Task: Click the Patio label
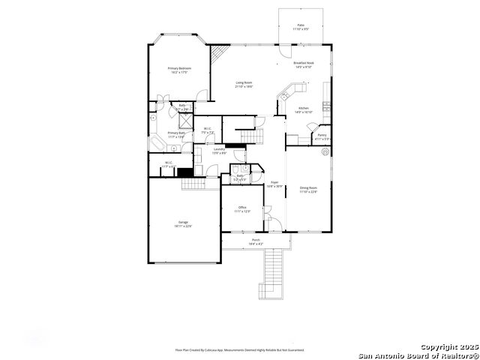tap(301, 26)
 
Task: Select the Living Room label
tap(244, 84)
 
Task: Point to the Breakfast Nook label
tap(304, 64)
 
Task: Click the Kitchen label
tap(304, 109)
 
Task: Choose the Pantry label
tap(321, 136)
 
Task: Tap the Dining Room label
tap(309, 189)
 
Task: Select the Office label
tap(242, 209)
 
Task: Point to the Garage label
tap(183, 224)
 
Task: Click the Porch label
tap(256, 242)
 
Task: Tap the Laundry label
tap(219, 151)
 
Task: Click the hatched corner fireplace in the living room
tap(218, 54)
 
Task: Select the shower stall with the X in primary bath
tap(182, 124)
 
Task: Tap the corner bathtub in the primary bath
tap(157, 143)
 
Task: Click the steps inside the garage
tap(193, 184)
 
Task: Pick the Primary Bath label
tap(176, 135)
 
